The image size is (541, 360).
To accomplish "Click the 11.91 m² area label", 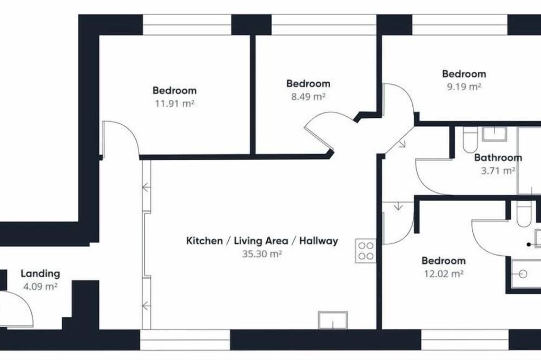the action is pyautogui.click(x=175, y=103).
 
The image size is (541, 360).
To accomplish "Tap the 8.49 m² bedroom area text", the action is pyautogui.click(x=308, y=96).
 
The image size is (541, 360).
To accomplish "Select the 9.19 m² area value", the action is pyautogui.click(x=464, y=86).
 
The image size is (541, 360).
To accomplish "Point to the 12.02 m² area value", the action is pyautogui.click(x=444, y=274).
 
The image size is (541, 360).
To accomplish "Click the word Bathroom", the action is pyautogui.click(x=498, y=158).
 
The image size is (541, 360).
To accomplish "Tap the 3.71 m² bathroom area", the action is pyautogui.click(x=498, y=170).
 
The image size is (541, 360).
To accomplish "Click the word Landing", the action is pyautogui.click(x=41, y=274).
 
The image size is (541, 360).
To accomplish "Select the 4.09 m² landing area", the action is pyautogui.click(x=40, y=286).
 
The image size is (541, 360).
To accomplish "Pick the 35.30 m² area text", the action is pyautogui.click(x=262, y=254).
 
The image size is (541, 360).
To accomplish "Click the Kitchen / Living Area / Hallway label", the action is pyautogui.click(x=262, y=241).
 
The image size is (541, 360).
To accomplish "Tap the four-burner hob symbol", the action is pyautogui.click(x=366, y=251).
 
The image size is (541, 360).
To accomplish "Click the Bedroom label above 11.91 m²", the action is pyautogui.click(x=175, y=90).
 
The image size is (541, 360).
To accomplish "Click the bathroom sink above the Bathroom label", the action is pyautogui.click(x=494, y=134).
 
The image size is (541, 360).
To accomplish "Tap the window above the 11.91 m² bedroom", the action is pyautogui.click(x=187, y=25).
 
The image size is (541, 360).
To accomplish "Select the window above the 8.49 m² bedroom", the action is pyautogui.click(x=324, y=25).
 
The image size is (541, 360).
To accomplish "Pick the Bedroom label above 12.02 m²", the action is pyautogui.click(x=444, y=261).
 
